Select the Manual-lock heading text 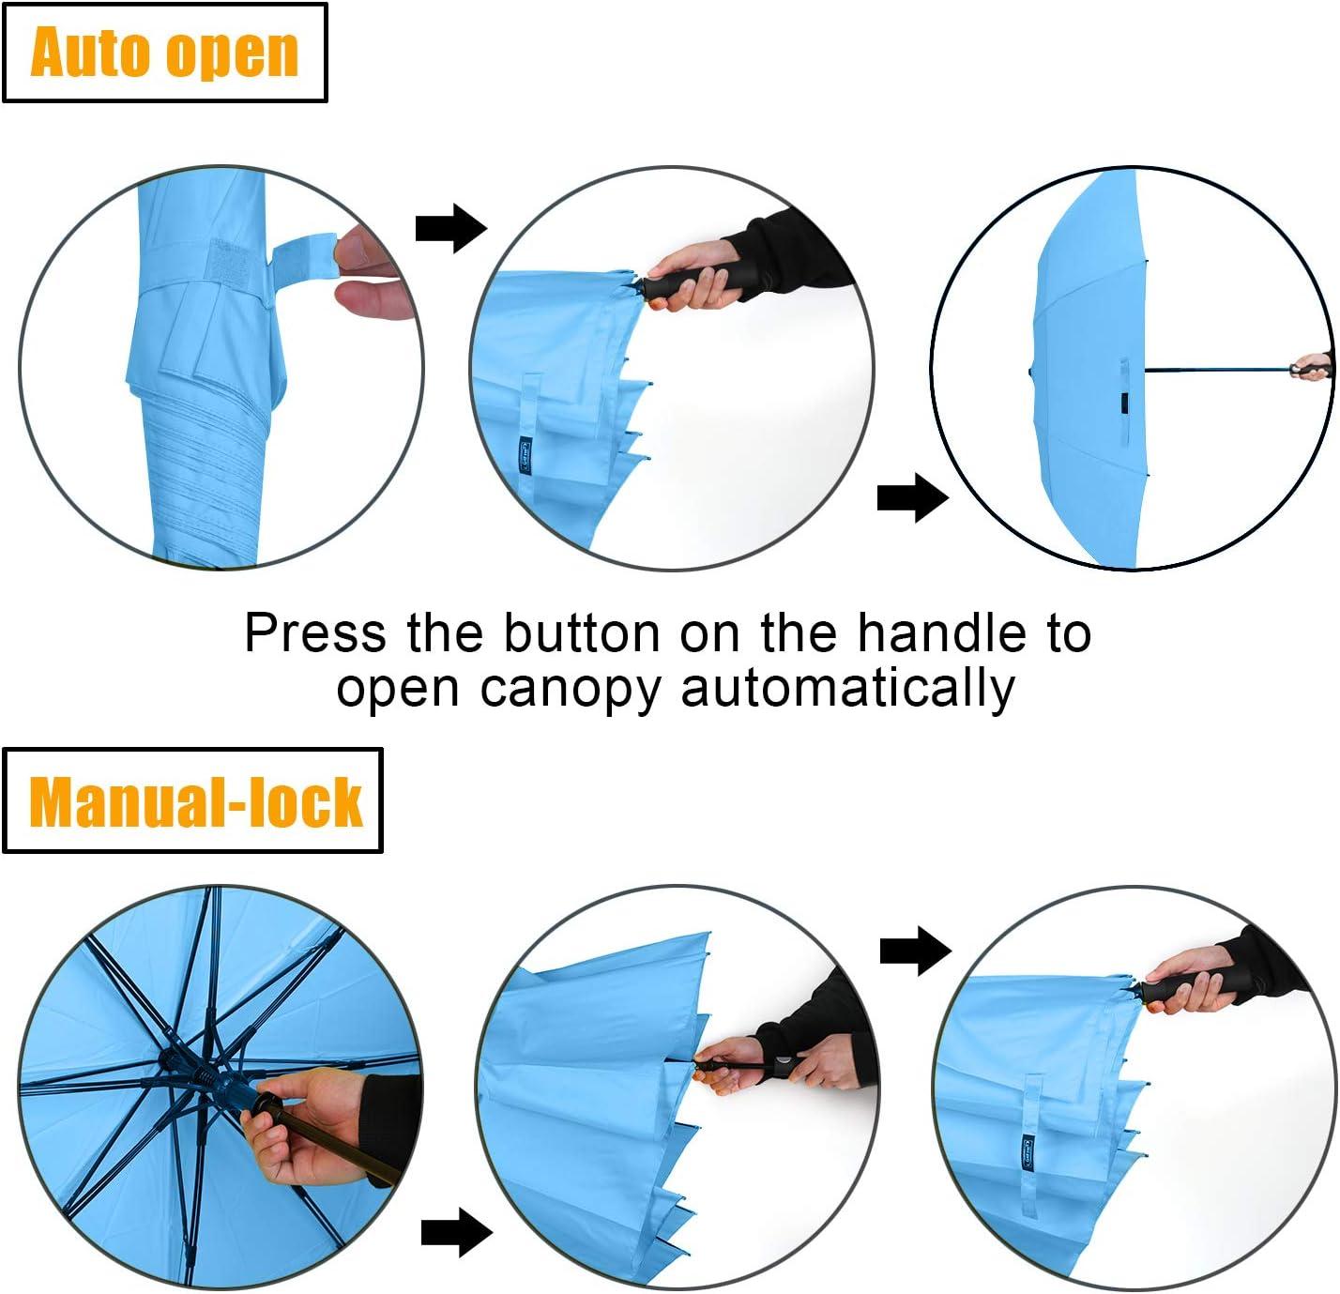[x=195, y=802]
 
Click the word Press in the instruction [x=314, y=632]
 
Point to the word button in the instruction [x=582, y=632]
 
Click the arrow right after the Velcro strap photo [x=451, y=228]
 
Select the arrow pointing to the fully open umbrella [x=912, y=497]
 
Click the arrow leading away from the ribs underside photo [x=457, y=1232]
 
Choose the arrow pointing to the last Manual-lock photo [x=915, y=951]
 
